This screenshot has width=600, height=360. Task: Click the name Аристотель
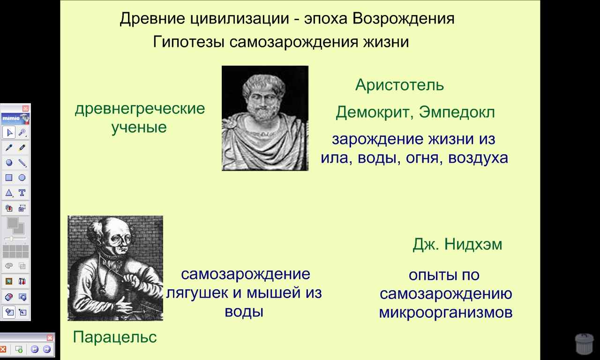pyautogui.click(x=400, y=85)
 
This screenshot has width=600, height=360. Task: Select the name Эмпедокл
pyautogui.click(x=457, y=112)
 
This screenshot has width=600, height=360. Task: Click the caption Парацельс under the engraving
pyautogui.click(x=115, y=337)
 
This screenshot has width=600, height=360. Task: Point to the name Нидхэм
pyautogui.click(x=473, y=244)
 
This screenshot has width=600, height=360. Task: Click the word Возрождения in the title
pyautogui.click(x=404, y=19)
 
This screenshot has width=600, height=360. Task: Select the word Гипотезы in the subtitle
pyautogui.click(x=188, y=42)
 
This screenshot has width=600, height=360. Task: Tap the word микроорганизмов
pyautogui.click(x=446, y=313)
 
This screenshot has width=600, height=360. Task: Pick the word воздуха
pyautogui.click(x=478, y=158)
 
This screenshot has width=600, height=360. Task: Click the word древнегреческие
pyautogui.click(x=140, y=109)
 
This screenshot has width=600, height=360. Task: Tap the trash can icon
pyautogui.click(x=584, y=344)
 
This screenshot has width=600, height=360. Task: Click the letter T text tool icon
pyautogui.click(x=22, y=193)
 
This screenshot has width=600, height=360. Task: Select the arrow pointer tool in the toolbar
pyautogui.click(x=9, y=133)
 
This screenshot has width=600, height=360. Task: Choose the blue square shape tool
pyautogui.click(x=9, y=178)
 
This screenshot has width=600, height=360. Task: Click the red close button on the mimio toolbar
pyautogui.click(x=25, y=108)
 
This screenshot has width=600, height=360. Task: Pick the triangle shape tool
pyautogui.click(x=9, y=193)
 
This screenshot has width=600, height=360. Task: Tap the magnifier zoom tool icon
pyautogui.click(x=22, y=133)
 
